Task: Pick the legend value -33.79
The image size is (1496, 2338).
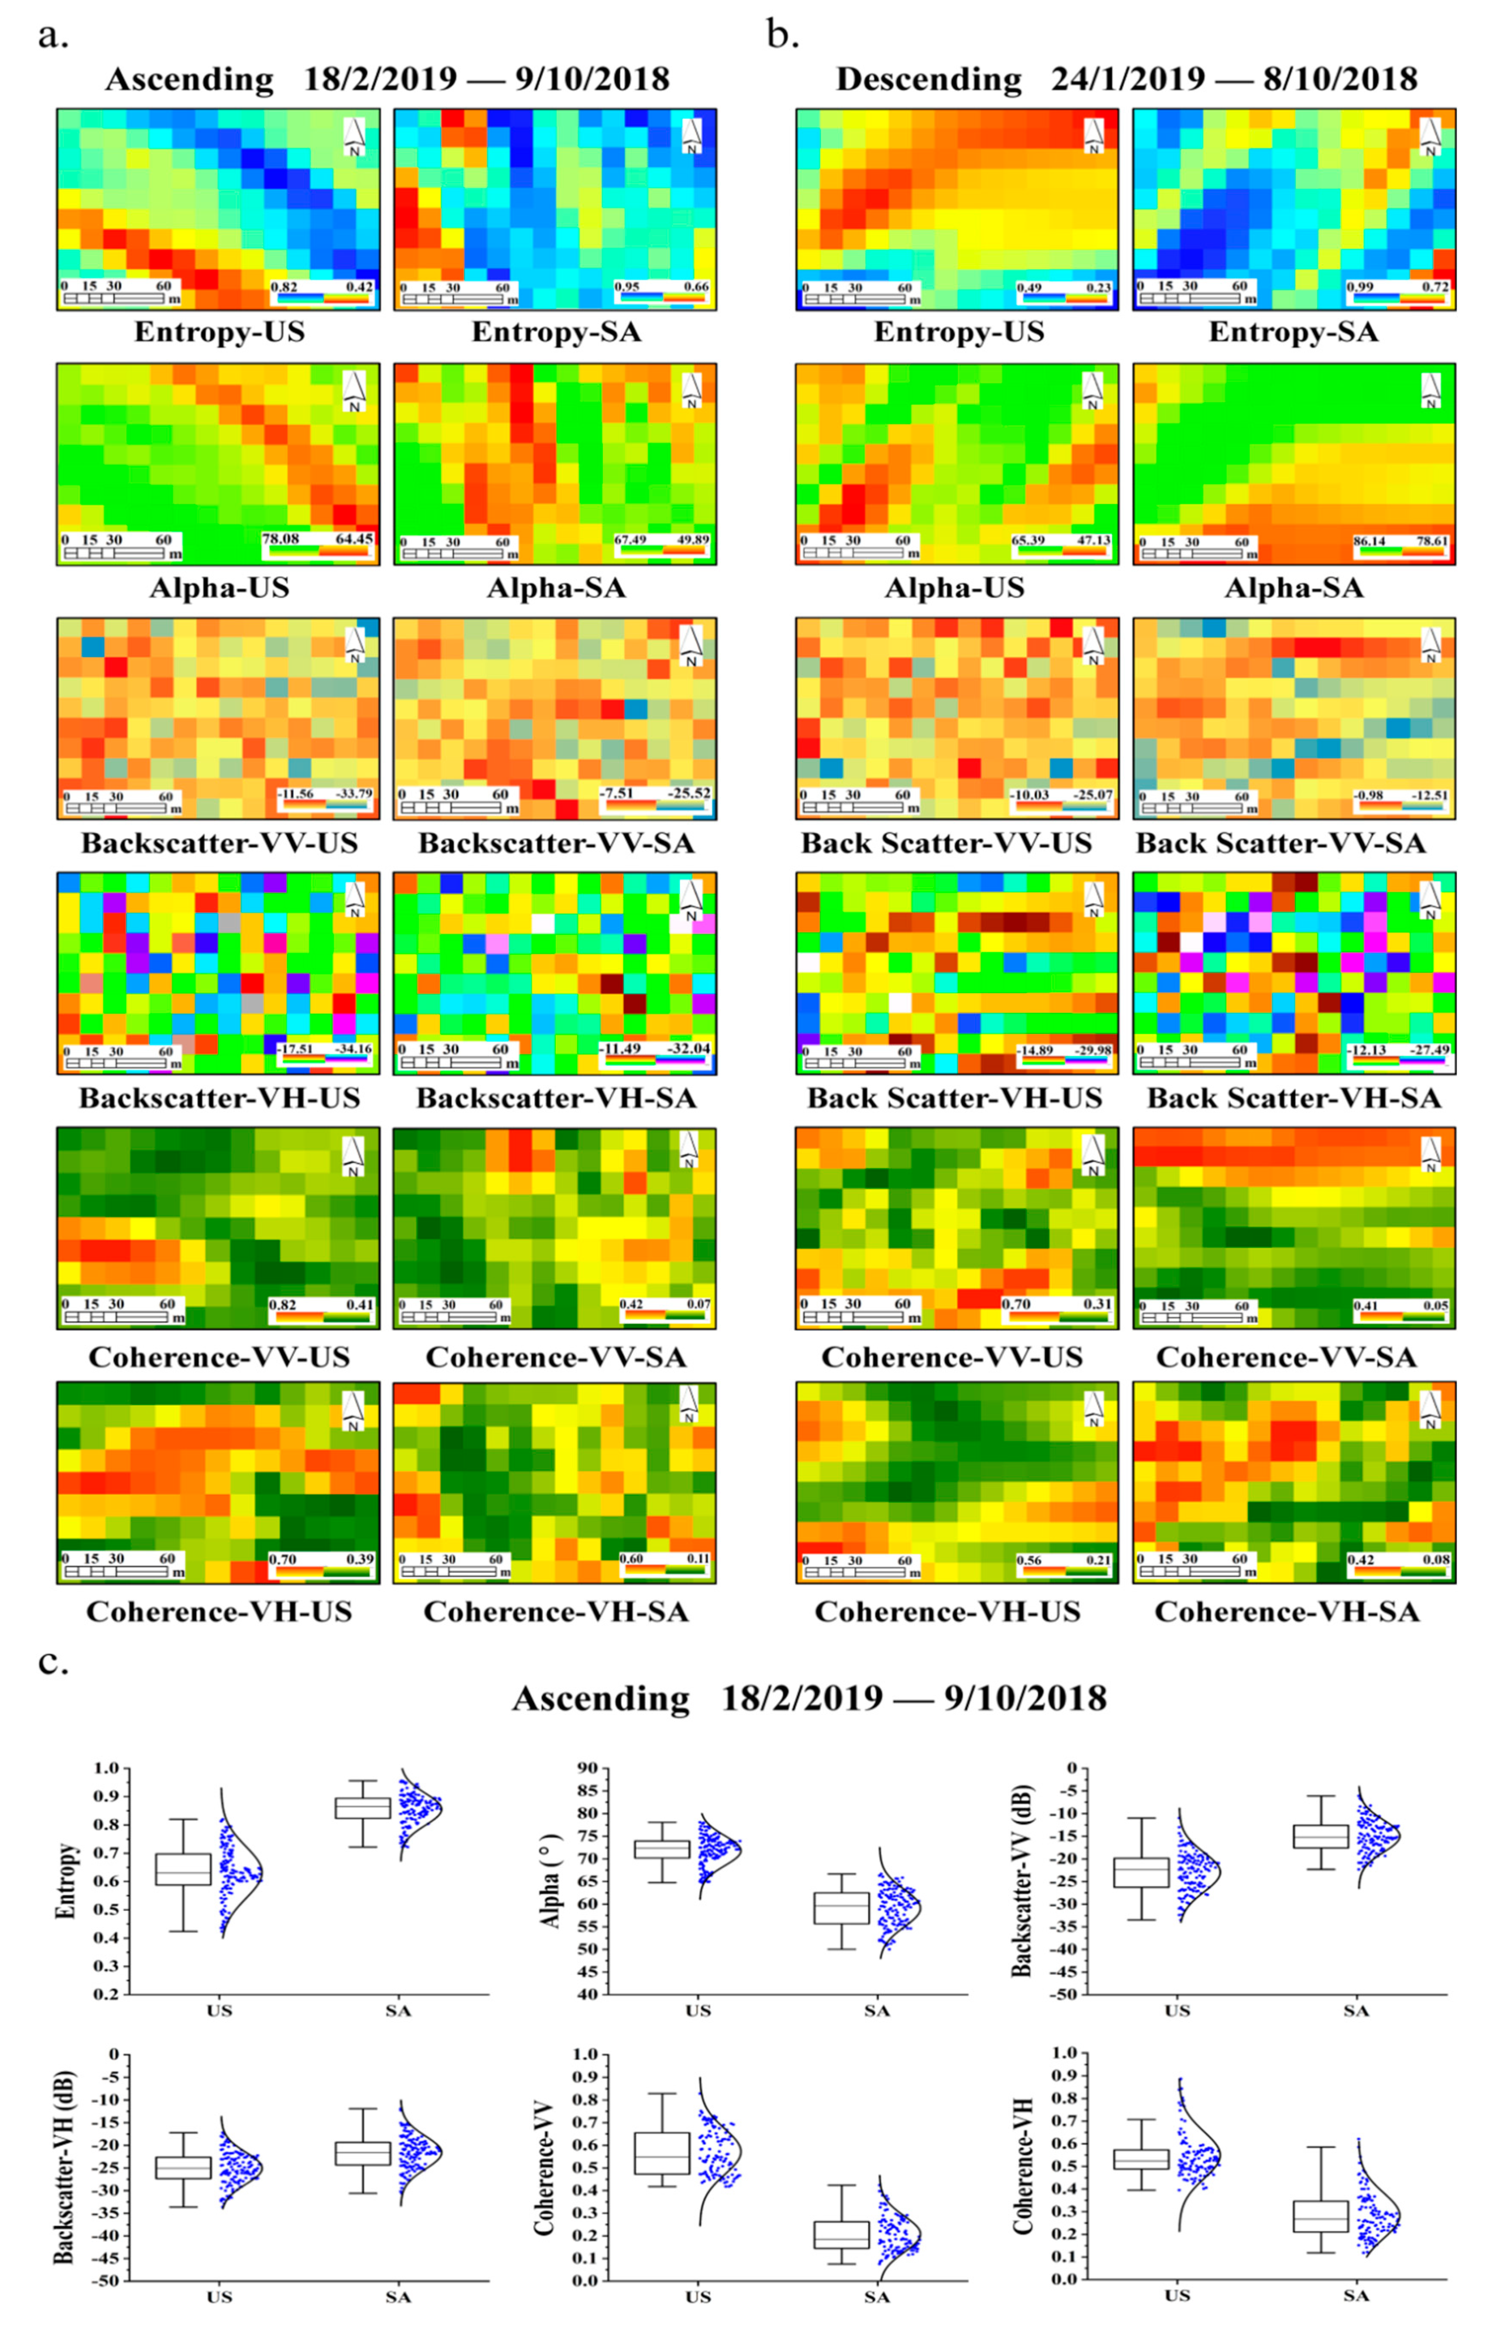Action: tap(353, 794)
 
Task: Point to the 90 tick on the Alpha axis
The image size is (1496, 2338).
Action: tap(588, 1769)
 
